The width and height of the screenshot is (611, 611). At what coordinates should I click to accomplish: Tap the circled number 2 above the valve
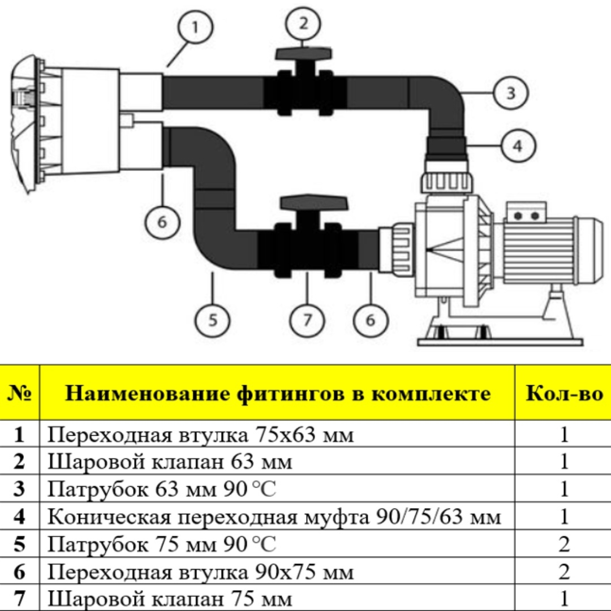[303, 24]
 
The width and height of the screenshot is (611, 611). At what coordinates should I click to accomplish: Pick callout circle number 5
[212, 320]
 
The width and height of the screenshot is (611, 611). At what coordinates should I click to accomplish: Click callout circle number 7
[307, 320]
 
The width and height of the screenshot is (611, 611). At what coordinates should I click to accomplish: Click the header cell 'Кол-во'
[563, 393]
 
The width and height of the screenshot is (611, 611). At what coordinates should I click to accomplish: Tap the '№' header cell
[19, 393]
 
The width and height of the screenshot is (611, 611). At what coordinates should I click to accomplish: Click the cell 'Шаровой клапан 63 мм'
[170, 462]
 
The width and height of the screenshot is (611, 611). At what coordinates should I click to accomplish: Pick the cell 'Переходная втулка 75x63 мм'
[200, 435]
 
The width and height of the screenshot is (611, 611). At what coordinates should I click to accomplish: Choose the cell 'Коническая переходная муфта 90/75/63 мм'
[274, 517]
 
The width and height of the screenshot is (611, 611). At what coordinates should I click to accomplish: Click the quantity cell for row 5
[563, 545]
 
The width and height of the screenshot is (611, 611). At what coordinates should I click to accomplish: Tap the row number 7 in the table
[19, 599]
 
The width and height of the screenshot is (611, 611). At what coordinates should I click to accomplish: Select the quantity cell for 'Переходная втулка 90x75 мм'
[563, 572]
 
